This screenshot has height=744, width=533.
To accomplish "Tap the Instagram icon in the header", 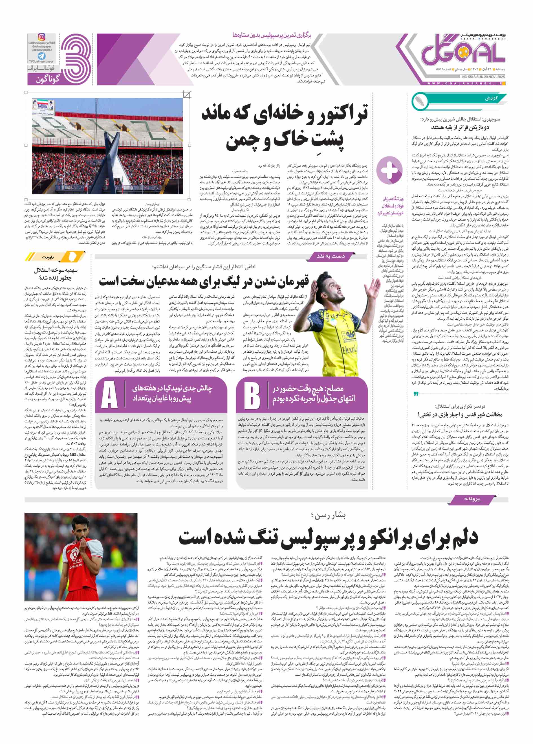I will (x=42, y=37).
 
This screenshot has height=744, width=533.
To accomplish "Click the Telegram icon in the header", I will (x=42, y=56).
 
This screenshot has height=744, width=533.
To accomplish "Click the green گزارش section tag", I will (x=490, y=98).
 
